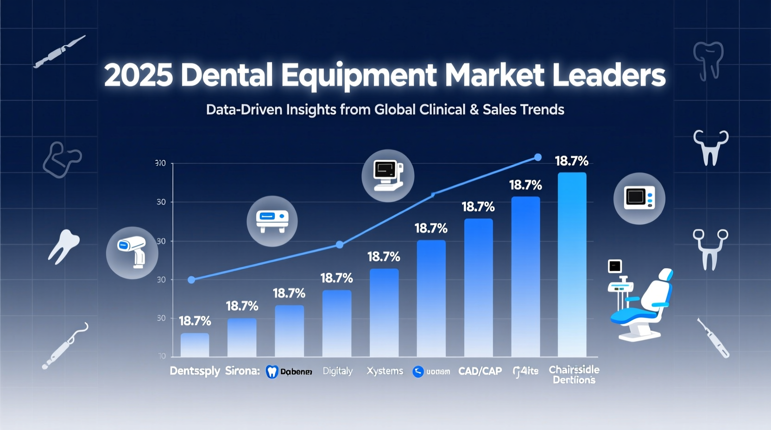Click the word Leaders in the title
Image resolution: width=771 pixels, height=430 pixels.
click(609, 76)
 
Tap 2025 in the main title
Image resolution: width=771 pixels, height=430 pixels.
click(138, 76)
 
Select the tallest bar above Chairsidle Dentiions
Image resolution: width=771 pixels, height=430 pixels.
click(572, 264)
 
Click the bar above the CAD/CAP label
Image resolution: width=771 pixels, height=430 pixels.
click(478, 287)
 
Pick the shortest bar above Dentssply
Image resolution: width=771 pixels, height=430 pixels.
click(195, 345)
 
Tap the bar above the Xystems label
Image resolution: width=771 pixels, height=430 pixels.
click(384, 312)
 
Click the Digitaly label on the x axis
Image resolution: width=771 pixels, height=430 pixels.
click(337, 371)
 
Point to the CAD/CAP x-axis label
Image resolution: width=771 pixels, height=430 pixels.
click(480, 371)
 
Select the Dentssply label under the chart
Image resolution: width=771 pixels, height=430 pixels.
click(195, 371)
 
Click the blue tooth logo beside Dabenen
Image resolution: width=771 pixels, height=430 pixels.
click(272, 372)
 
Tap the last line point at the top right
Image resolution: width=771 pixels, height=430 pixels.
click(537, 158)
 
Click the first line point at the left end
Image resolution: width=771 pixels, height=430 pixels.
click(191, 280)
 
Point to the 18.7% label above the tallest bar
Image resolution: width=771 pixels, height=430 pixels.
click(571, 161)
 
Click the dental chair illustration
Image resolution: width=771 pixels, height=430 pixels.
click(642, 304)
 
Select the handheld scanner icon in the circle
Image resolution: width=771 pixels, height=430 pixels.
click(132, 253)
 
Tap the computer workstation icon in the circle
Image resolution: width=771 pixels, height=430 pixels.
click(387, 176)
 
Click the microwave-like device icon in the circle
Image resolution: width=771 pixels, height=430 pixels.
click(639, 198)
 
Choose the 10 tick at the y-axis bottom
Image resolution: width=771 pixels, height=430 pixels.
click(162, 356)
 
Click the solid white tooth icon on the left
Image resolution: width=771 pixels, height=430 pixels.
click(63, 246)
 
